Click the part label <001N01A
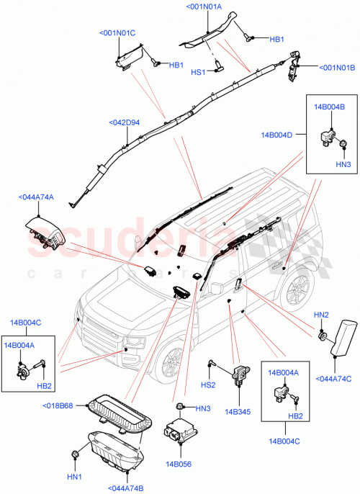click(204, 6)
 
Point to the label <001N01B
click(336, 68)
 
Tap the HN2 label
click(321, 315)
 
